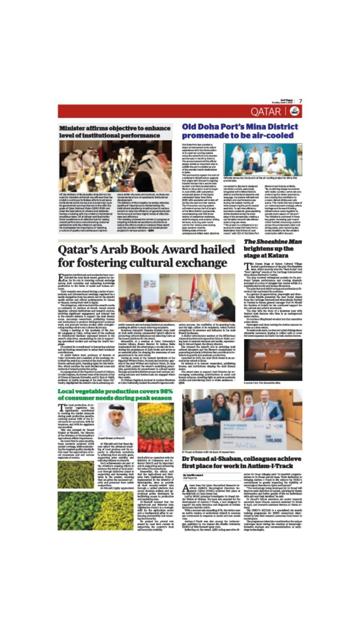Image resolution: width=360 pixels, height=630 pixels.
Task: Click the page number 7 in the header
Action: [x=300, y=101]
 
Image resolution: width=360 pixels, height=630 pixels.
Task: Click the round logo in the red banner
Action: [x=294, y=112]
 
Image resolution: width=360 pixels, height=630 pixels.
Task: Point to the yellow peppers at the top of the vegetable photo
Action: [x=155, y=410]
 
